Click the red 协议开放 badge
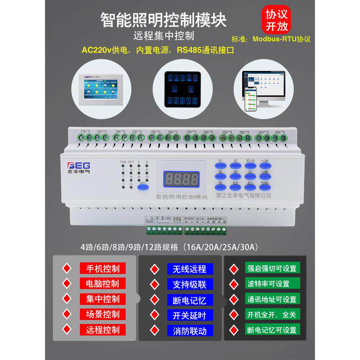click(x=274, y=20)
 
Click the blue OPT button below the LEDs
click(x=143, y=188)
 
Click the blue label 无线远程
click(x=190, y=269)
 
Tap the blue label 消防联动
click(x=190, y=330)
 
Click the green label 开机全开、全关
click(x=272, y=314)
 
